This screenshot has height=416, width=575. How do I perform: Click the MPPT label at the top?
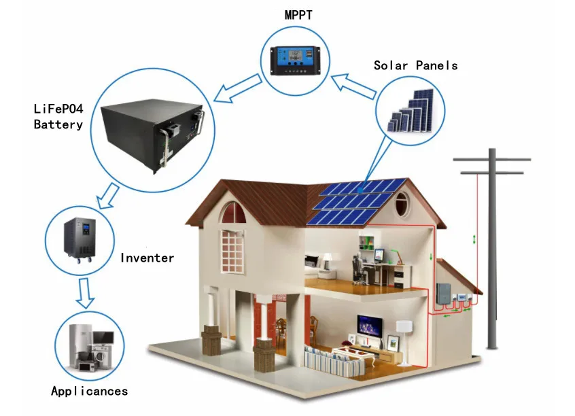pos(299,15)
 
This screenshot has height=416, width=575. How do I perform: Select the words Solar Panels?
pos(415,66)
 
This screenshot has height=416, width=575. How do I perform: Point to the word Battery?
pos(58,124)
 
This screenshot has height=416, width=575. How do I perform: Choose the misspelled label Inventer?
pos(147,258)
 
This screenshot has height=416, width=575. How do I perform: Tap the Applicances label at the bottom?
pos(89,391)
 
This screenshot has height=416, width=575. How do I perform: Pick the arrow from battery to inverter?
pos(107,196)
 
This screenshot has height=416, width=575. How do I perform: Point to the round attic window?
pos(402,202)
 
